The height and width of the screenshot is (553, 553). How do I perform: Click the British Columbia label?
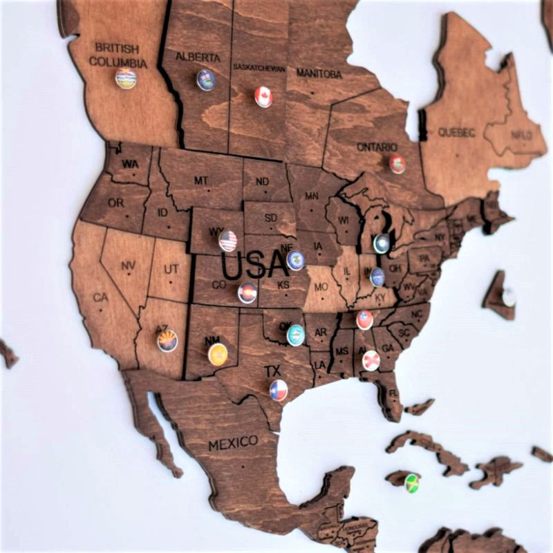(x=118, y=55)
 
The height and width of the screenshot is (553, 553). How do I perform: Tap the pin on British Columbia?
(x=126, y=78)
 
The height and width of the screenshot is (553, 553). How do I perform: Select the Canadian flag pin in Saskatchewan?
(x=263, y=97)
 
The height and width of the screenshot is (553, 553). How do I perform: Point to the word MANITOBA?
(x=319, y=73)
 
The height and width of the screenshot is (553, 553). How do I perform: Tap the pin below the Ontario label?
(x=397, y=164)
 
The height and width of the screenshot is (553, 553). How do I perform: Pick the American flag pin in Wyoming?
(x=228, y=241)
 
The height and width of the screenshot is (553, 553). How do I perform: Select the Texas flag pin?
(x=279, y=390)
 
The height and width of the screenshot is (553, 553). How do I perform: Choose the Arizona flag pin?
(x=167, y=341)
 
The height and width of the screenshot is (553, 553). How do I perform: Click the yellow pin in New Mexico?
(x=218, y=354)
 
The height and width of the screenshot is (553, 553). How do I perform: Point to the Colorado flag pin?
(x=247, y=293)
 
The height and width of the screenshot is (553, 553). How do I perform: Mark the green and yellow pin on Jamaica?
(x=412, y=482)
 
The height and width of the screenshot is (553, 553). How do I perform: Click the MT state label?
(x=200, y=181)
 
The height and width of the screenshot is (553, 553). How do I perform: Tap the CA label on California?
(x=102, y=298)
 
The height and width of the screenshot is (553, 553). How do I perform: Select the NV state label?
(x=128, y=265)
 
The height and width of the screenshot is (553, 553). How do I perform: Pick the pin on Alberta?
(x=206, y=80)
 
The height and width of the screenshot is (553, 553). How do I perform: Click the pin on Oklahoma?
(x=296, y=335)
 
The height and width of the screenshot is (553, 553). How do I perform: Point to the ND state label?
(x=263, y=182)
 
